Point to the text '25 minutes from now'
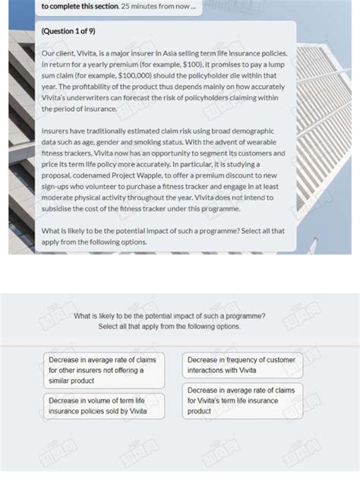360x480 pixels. (x=157, y=6)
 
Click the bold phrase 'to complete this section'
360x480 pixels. (x=79, y=6)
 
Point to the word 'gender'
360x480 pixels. (x=118, y=141)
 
